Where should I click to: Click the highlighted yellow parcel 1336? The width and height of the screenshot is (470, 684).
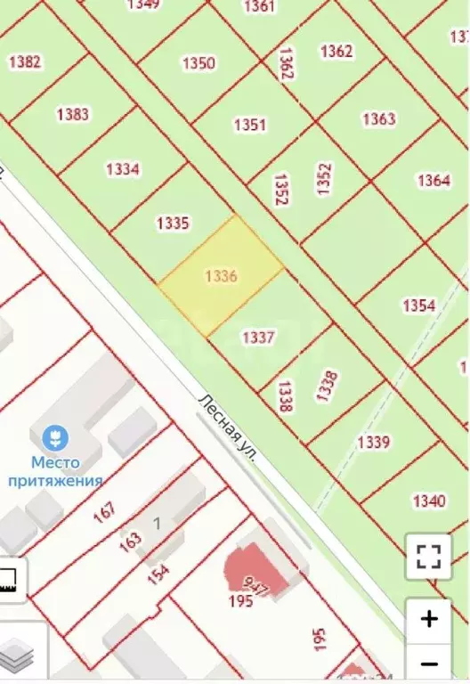[x=221, y=276]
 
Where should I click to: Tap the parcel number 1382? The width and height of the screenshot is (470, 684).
[x=25, y=61]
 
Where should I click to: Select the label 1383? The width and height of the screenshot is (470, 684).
[x=72, y=114]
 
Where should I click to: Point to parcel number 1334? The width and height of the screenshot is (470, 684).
[x=123, y=169]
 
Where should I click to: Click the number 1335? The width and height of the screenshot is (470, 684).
[x=172, y=223]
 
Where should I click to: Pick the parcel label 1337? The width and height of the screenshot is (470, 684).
[x=258, y=338]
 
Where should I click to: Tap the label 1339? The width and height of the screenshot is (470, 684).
[x=373, y=442]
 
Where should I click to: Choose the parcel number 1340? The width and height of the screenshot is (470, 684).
[x=429, y=501]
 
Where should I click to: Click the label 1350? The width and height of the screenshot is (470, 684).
[x=199, y=62]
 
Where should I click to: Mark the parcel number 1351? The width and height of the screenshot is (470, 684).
[x=249, y=125]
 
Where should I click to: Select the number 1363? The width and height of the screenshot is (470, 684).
[x=378, y=118]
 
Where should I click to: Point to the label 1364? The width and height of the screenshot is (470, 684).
[x=434, y=181]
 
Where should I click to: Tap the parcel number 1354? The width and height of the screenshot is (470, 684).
[x=419, y=305]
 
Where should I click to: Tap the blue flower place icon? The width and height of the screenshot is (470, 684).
[x=55, y=437]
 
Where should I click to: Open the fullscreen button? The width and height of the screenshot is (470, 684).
[x=429, y=558]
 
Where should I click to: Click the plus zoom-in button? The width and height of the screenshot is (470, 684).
[x=429, y=618]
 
